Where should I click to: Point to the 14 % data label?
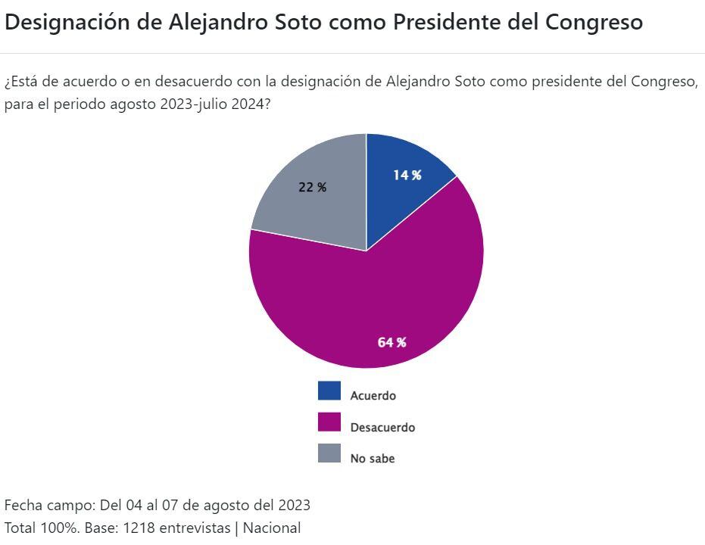(x=407, y=175)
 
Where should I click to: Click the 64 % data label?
(x=391, y=342)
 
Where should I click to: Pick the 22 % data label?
(x=312, y=187)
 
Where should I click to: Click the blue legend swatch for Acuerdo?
(x=329, y=391)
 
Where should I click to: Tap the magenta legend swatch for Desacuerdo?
(x=329, y=422)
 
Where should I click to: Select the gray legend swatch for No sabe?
(x=329, y=453)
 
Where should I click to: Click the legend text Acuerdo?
(x=373, y=395)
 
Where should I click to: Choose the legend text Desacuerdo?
(x=382, y=427)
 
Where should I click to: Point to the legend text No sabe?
(x=372, y=458)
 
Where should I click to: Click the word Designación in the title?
(x=67, y=23)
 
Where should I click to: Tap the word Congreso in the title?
(x=594, y=23)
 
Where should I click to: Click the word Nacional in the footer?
(x=271, y=528)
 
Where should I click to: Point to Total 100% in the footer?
(x=41, y=528)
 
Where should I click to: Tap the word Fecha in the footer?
(x=22, y=505)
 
